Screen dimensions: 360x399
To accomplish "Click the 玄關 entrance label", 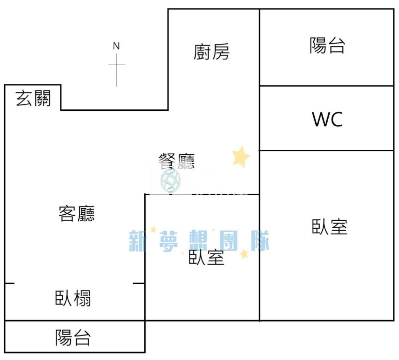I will (33, 98).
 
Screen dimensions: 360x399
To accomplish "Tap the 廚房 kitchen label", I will (212, 51).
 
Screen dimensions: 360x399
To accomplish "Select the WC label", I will (327, 119).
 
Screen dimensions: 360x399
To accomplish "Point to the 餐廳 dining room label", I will (176, 161).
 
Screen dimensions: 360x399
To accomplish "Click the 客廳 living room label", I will (76, 214).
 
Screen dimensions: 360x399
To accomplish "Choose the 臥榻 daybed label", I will (73, 299).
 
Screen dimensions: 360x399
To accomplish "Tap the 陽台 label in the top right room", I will (327, 45).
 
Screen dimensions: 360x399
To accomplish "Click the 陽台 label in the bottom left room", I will (73, 338).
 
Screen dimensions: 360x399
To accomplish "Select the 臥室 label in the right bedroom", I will (330, 227).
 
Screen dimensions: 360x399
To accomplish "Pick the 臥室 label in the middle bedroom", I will (206, 258).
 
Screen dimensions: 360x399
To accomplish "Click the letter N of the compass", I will (116, 46).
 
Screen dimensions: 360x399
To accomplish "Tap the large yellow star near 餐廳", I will (241, 157).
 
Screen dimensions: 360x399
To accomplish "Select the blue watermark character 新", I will (140, 241).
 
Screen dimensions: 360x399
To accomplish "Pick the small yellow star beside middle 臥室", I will (244, 254).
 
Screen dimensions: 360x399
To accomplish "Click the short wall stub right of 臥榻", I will (139, 284).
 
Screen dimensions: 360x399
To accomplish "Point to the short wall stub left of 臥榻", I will (9, 284).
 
